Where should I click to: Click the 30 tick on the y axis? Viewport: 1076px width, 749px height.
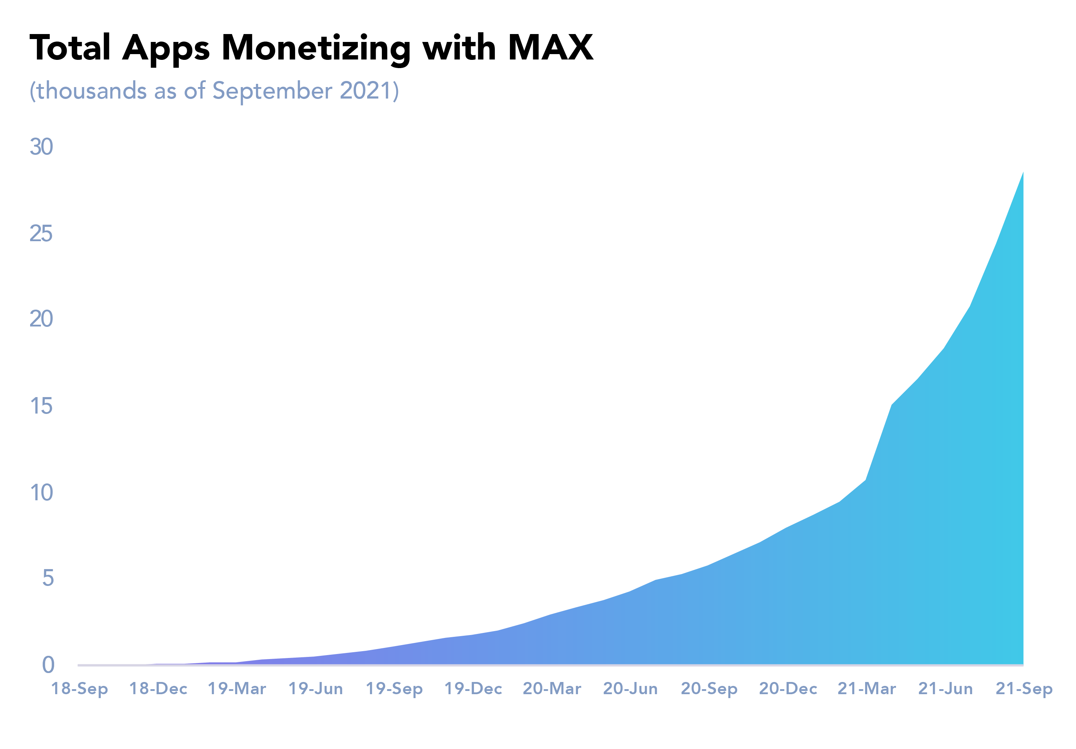41,147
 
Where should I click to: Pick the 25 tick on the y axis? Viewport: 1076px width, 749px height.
41,233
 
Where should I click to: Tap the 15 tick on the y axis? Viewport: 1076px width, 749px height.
41,406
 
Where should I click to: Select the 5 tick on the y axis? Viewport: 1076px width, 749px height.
48,578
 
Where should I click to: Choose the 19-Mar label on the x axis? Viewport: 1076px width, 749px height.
237,688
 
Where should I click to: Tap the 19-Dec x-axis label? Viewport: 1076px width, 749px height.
473,688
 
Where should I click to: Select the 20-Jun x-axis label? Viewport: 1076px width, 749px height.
630,688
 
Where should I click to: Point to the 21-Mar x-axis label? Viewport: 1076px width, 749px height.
867,688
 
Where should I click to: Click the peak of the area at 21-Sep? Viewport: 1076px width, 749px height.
1023,172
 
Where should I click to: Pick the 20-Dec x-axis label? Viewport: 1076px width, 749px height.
788,688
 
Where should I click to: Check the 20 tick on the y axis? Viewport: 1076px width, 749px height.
41,319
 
